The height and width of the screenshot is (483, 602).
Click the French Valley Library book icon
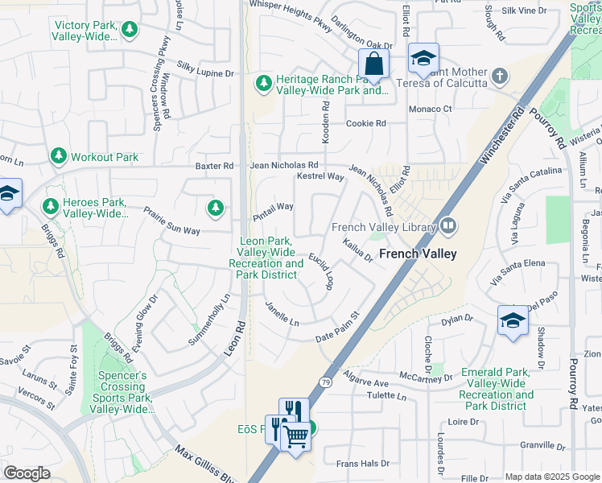tap(448, 228)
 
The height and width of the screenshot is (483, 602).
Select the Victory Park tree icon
tap(130, 30)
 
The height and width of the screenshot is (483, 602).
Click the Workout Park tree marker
tap(58, 156)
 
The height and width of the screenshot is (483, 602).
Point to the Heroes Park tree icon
tap(50, 207)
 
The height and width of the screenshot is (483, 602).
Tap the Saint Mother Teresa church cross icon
tap(500, 76)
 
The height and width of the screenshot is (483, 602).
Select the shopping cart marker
tap(296, 437)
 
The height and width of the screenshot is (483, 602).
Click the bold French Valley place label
tap(418, 254)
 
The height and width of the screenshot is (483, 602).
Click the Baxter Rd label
tap(214, 166)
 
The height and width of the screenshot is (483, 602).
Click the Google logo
tap(27, 473)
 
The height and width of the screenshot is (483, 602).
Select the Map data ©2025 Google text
tap(551, 477)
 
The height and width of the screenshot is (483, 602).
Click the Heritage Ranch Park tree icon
tap(263, 82)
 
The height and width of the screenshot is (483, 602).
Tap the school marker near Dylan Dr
tap(513, 321)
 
